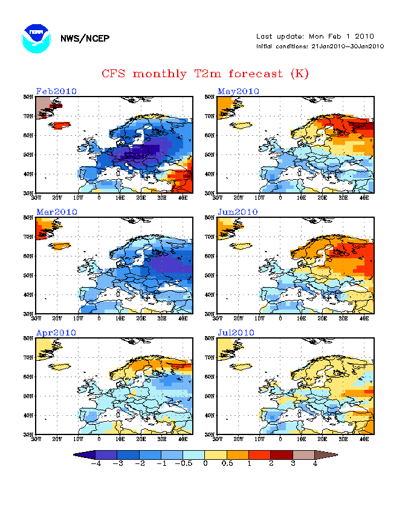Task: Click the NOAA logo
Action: [36, 38]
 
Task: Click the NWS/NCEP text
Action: [85, 39]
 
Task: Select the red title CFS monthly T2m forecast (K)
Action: [205, 74]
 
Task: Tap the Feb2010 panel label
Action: [56, 91]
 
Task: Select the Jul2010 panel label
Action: [238, 332]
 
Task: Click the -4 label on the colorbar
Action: [95, 463]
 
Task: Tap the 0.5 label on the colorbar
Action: [227, 463]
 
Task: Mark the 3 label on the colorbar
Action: [293, 463]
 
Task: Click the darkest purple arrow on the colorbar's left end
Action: [79, 454]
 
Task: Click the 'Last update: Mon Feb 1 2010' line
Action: [315, 36]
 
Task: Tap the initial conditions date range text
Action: [320, 46]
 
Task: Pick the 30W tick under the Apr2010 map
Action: [36, 439]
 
